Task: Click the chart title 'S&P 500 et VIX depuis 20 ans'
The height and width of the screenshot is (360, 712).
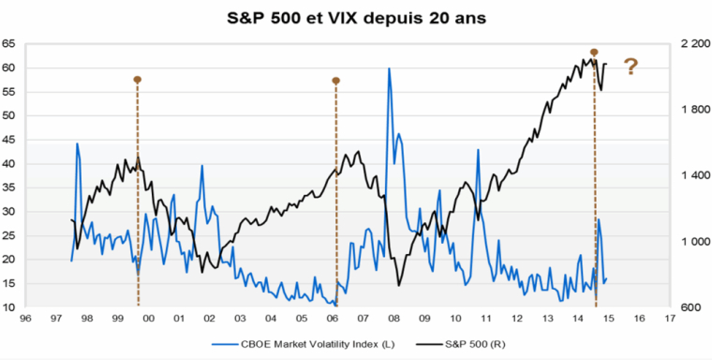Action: click(x=356, y=16)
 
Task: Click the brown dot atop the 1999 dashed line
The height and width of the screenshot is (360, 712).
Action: click(x=138, y=80)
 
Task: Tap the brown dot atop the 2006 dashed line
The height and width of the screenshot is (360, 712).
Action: click(x=335, y=81)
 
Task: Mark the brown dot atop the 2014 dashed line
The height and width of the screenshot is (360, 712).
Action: click(x=594, y=52)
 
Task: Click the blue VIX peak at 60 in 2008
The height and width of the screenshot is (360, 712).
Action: click(x=389, y=68)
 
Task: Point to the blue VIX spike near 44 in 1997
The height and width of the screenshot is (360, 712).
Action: click(x=78, y=143)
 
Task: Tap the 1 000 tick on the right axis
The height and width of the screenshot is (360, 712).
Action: click(x=690, y=242)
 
